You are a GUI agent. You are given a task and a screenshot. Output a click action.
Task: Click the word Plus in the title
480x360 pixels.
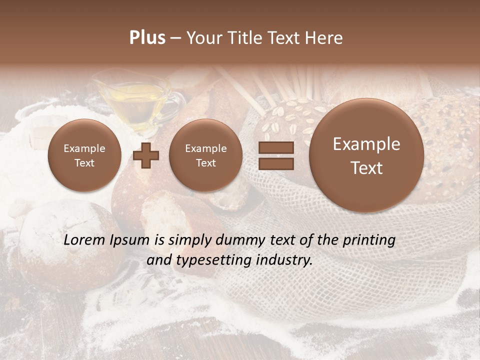point(147,38)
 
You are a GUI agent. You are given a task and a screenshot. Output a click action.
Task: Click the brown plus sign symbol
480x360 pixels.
point(146,155)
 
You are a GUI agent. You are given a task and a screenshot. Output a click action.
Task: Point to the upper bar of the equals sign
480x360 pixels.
point(275,147)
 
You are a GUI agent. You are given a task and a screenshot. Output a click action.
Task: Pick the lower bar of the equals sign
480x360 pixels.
point(275,163)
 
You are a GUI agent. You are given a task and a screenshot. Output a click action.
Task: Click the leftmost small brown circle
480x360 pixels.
point(84,155)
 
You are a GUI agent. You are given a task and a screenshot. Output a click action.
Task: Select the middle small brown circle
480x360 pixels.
point(205,155)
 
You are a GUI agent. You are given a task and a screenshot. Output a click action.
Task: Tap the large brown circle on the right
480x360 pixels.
point(366,155)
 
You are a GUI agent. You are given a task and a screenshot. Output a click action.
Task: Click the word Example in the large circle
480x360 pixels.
point(366,144)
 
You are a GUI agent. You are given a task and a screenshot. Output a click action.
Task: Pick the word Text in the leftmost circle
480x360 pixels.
point(84,163)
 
